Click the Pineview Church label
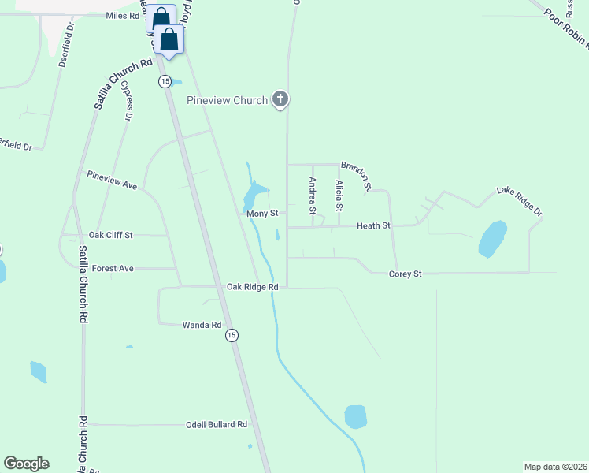227,100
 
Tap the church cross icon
280,99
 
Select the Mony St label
262,214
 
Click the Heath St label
373,226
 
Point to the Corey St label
406,274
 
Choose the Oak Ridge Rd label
252,287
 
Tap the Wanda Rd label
202,325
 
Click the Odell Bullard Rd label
216,424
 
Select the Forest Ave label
113,269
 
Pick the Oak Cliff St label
111,235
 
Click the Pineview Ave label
112,180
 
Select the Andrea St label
313,196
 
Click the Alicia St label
339,196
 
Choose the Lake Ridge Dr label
520,201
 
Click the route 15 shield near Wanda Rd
231,336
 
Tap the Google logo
26,464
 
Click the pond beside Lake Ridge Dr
492,238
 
